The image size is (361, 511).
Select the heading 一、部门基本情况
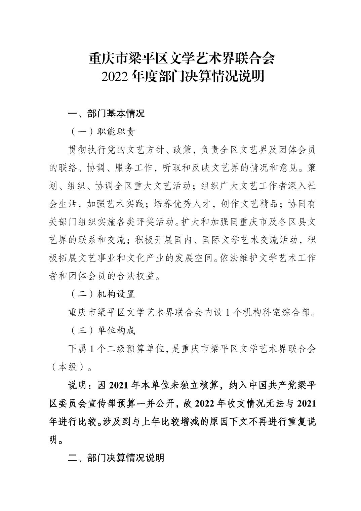106,113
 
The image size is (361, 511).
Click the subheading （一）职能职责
103,131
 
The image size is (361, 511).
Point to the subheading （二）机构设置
103,294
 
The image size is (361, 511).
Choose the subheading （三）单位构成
103,330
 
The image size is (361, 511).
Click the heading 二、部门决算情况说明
116,458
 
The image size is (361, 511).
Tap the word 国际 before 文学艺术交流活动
211,240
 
